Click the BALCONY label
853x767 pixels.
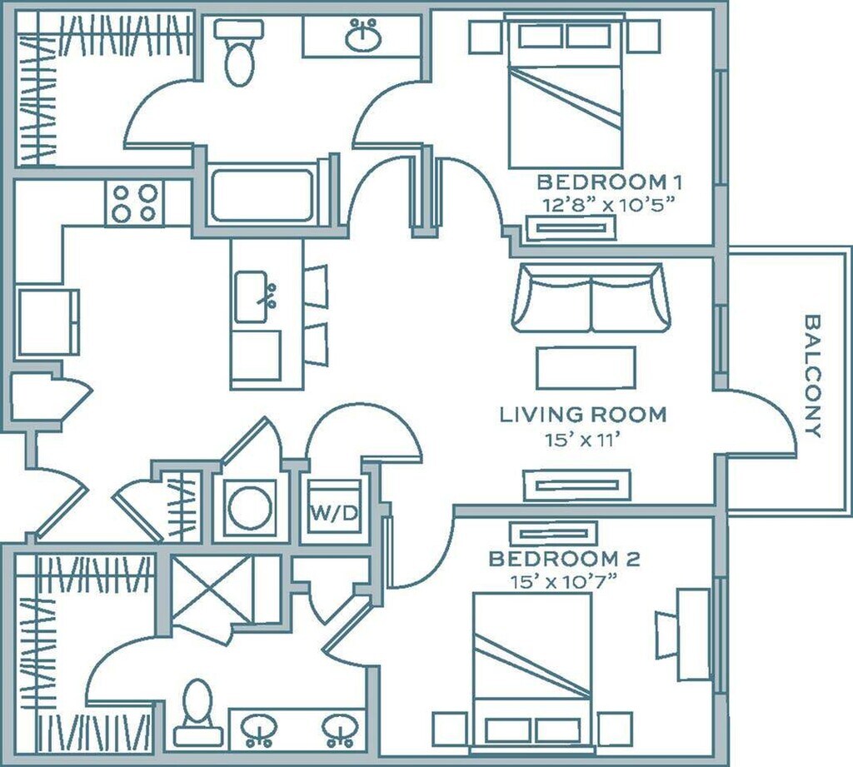coord(812,376)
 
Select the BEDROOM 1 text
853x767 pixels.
coord(609,182)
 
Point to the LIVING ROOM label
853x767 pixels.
coord(582,415)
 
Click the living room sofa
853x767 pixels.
coord(591,297)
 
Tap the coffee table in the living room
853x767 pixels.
coord(586,368)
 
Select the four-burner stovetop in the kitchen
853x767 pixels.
coord(134,203)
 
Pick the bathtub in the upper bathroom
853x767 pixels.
coord(262,196)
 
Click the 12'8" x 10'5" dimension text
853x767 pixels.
coord(609,205)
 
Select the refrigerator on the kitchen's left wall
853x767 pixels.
coord(47,322)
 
